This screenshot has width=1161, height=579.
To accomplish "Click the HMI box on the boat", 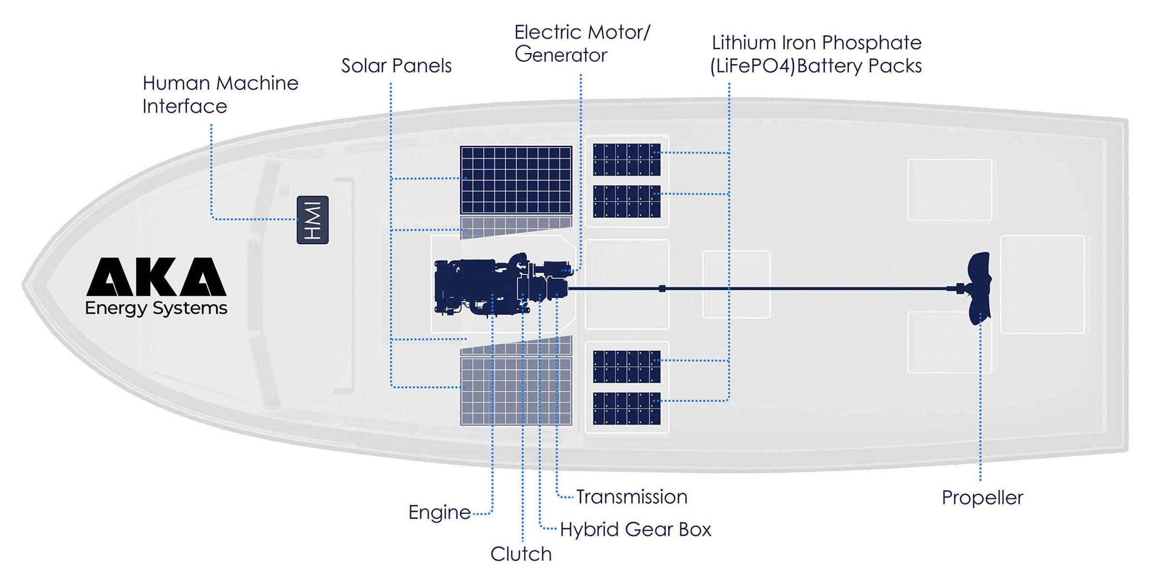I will [313, 220].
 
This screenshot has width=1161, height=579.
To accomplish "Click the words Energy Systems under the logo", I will [156, 308].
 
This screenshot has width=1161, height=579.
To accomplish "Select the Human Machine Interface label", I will [220, 95].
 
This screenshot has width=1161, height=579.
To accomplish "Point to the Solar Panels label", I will [396, 66].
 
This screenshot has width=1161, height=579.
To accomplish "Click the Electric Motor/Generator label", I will [581, 43].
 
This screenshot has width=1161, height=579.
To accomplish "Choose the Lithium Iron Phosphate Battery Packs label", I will [816, 54].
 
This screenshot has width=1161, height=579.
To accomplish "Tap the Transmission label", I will [631, 497].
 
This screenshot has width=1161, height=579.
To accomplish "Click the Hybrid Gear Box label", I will [635, 529].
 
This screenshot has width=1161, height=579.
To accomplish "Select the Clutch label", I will [521, 554].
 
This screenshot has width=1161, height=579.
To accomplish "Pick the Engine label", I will [439, 512].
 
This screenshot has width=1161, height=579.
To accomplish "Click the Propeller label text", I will [982, 498].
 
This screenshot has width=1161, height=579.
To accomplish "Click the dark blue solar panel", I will [516, 180].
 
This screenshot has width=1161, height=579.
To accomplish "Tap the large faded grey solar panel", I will [516, 391].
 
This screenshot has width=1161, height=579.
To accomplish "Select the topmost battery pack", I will [626, 159].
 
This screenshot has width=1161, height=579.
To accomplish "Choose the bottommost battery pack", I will [626, 409].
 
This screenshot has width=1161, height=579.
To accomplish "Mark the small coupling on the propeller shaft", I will [662, 289].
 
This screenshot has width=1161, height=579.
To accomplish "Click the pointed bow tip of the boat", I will [25, 284].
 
